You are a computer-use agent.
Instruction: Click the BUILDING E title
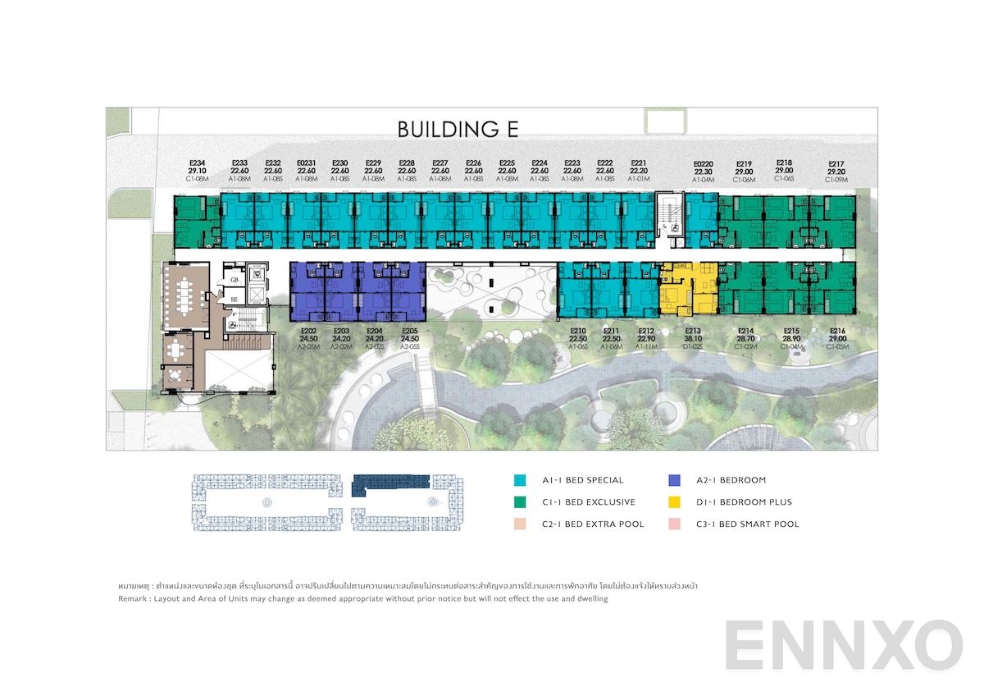pyautogui.click(x=458, y=129)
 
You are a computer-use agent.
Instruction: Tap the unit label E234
pyautogui.click(x=197, y=163)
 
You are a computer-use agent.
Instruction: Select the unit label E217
pyautogui.click(x=836, y=163)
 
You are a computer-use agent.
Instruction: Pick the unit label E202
pyautogui.click(x=308, y=331)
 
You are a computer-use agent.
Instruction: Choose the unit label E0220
pyautogui.click(x=704, y=163)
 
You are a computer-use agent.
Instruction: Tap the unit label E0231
pyautogui.click(x=307, y=163)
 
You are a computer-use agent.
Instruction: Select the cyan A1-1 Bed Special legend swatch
pyautogui.click(x=520, y=480)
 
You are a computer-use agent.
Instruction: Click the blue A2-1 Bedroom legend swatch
pyautogui.click(x=674, y=480)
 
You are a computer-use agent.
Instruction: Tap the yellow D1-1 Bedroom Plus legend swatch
pyautogui.click(x=674, y=502)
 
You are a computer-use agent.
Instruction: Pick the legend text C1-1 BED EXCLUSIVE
pyautogui.click(x=588, y=502)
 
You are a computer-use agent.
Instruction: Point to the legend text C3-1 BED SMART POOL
pyautogui.click(x=747, y=524)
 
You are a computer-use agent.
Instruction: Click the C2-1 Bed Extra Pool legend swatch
pyautogui.click(x=520, y=524)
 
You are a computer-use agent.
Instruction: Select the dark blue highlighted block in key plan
pyautogui.click(x=390, y=484)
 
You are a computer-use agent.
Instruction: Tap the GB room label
pyautogui.click(x=234, y=279)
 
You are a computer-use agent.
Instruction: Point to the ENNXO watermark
pyautogui.click(x=843, y=645)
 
